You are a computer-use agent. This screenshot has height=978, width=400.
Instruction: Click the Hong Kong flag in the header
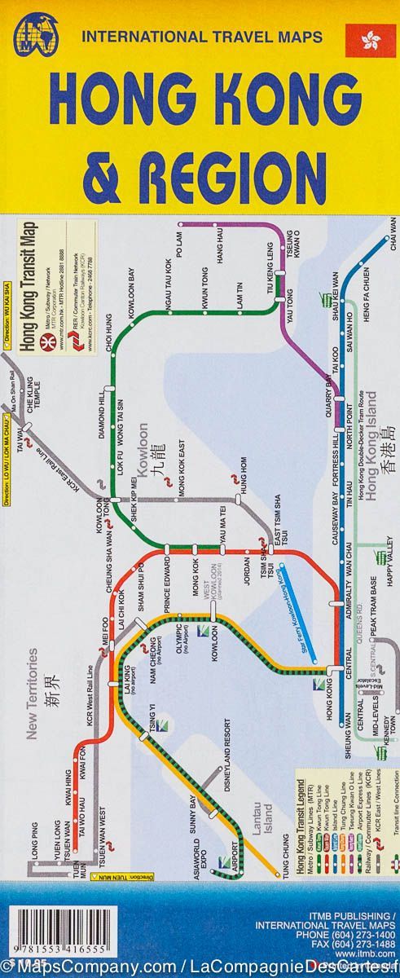365,41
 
